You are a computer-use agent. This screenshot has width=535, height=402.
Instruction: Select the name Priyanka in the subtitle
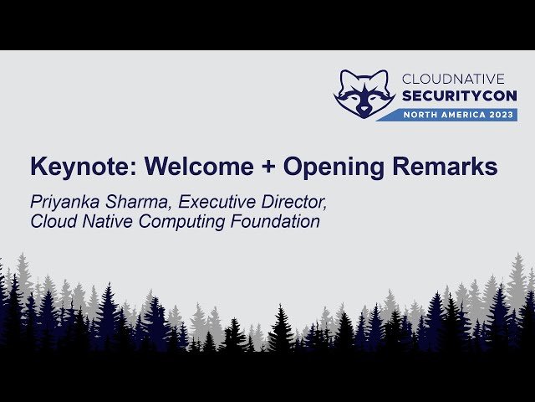(64, 203)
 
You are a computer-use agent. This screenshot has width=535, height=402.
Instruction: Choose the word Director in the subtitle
(289, 203)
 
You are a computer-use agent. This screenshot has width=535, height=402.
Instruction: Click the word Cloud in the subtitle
(51, 222)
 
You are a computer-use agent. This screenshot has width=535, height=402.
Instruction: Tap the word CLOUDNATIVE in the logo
(459, 79)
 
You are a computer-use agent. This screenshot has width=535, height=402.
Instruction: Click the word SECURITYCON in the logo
(459, 96)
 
